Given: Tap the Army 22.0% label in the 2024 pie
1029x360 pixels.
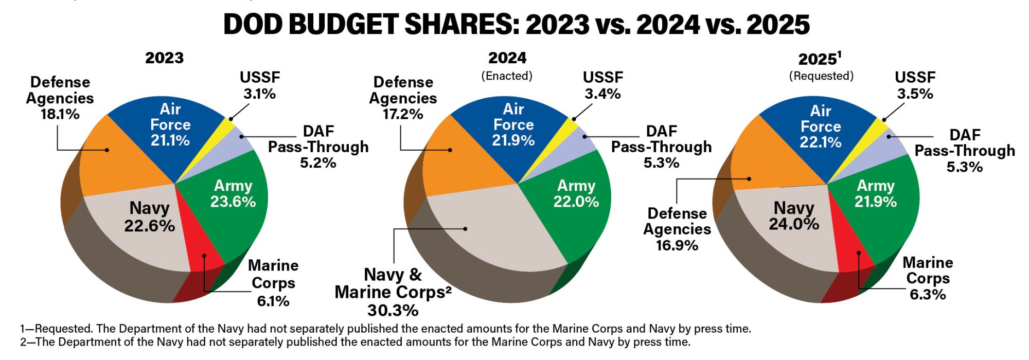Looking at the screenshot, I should (x=576, y=193).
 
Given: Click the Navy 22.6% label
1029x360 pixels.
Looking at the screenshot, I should (x=149, y=217).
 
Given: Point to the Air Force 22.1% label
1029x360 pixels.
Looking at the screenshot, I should (x=820, y=127).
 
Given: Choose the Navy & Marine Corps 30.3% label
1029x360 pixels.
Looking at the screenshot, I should (x=393, y=292).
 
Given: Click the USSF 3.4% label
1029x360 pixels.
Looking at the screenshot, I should (x=602, y=85).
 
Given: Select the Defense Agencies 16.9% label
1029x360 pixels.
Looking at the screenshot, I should (x=677, y=229).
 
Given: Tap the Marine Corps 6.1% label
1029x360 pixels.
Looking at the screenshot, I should (x=273, y=283).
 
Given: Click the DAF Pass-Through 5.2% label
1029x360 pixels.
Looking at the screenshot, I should (x=318, y=147).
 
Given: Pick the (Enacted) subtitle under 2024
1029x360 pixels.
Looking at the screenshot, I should (x=507, y=76).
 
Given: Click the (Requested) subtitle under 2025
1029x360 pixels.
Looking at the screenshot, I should (x=821, y=76).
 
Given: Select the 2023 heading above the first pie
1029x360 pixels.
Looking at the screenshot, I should (x=164, y=58).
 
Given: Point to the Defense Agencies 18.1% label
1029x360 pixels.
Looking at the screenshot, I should (x=60, y=98).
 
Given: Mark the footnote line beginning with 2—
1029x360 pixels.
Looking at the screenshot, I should (x=355, y=342).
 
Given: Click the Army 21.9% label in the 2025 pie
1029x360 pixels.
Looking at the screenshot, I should (x=875, y=193).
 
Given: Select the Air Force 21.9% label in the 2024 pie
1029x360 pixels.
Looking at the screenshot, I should (x=513, y=124).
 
